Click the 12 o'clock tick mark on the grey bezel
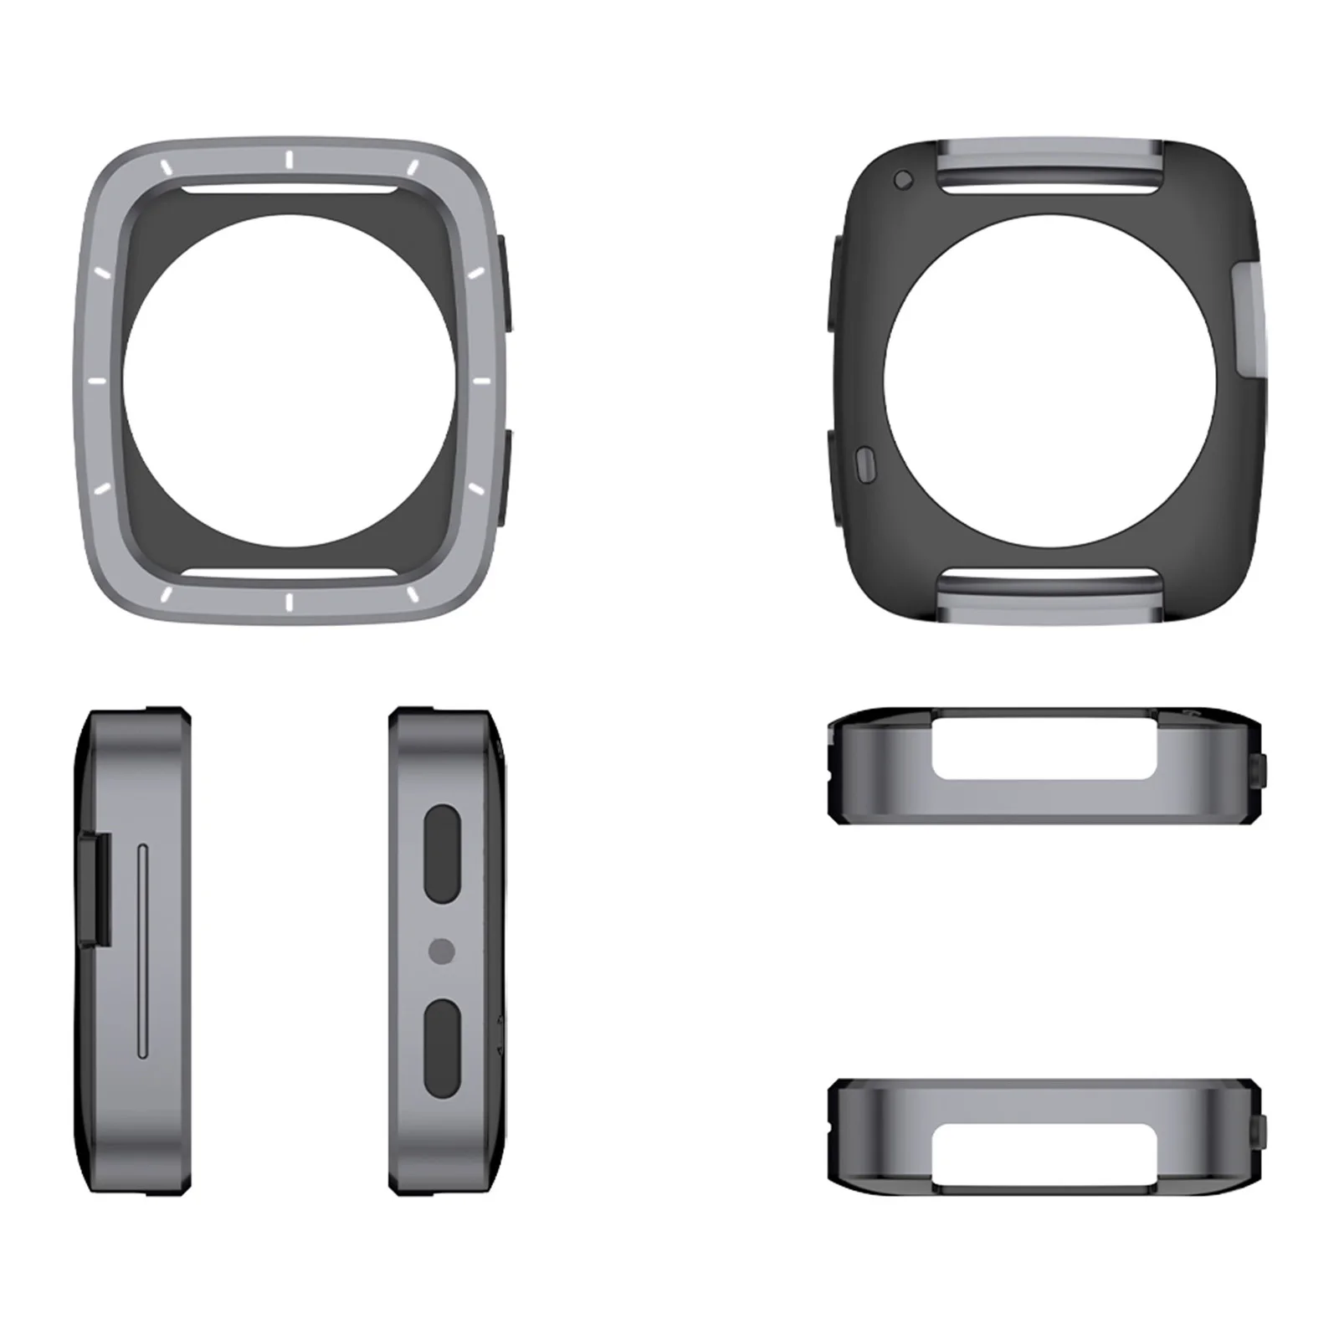pos(288,160)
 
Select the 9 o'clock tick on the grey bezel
pos(97,381)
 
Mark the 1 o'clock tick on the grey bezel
pos(413,167)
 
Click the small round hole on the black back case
pos(902,179)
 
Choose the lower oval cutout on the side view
pos(442,1048)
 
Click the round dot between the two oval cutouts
pos(441,951)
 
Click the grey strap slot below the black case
pos(1052,596)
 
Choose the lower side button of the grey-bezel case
pos(506,476)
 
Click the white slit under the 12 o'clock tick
pos(288,189)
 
